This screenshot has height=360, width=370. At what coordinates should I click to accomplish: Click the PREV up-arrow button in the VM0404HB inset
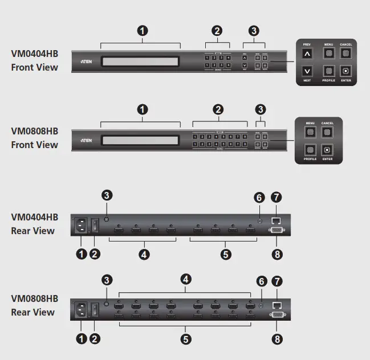308,54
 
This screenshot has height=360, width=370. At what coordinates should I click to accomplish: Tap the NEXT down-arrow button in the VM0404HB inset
308,71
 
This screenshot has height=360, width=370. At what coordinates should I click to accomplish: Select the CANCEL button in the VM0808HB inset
327,132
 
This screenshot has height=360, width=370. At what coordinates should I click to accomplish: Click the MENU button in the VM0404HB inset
329,53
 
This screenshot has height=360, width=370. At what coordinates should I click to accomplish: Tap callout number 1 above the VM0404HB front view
141,31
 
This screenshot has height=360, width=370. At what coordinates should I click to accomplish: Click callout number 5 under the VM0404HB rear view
226,255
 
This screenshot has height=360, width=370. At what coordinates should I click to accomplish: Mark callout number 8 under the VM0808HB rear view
278,338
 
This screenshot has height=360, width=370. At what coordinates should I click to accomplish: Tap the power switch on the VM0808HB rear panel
95,310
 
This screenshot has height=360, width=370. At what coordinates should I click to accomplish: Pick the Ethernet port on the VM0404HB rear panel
277,220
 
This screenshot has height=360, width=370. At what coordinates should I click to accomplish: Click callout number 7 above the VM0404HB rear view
278,198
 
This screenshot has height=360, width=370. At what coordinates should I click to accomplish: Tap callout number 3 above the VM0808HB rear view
107,280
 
